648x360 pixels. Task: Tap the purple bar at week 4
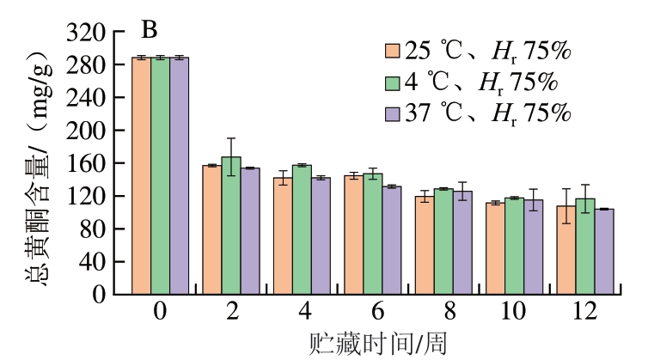[x=321, y=235]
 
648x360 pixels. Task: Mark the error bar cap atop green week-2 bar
[x=231, y=138]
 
